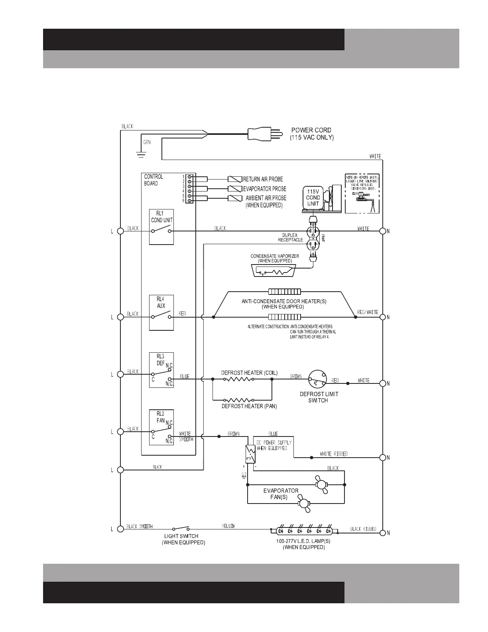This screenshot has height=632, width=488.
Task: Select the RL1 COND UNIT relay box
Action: (161, 227)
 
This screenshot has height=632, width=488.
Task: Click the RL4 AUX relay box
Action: (161, 313)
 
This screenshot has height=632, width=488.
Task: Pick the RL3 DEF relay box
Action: (161, 370)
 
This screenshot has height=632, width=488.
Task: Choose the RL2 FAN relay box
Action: (161, 427)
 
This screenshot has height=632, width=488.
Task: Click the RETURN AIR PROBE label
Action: (263, 180)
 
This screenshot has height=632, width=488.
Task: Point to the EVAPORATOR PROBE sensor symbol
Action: (235, 189)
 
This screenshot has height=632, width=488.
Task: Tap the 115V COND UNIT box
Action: (313, 198)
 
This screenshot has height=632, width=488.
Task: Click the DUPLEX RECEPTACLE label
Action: (290, 237)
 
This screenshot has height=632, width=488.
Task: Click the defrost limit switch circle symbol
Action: (318, 379)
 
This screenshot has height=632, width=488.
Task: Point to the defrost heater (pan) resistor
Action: (238, 399)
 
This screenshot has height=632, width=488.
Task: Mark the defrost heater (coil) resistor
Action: (238, 379)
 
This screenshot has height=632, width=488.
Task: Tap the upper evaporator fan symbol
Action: (321, 484)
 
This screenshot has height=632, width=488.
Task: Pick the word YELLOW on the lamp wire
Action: (228, 526)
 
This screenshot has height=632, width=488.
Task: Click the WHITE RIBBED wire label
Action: (334, 454)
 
